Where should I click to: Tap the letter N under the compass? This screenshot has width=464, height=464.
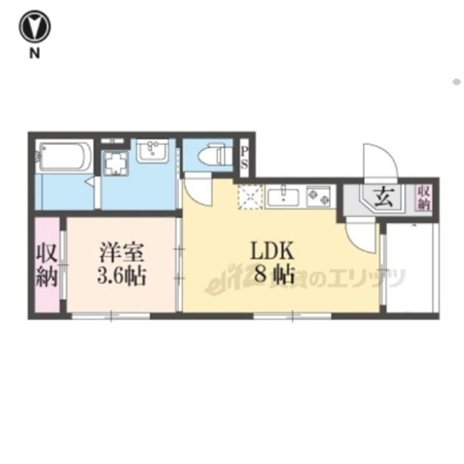34,54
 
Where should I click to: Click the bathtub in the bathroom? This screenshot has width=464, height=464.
62,157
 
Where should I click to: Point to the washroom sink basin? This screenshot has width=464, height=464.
153,151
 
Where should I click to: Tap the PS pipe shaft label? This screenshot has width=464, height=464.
245,158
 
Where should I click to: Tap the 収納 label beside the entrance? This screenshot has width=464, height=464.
423,197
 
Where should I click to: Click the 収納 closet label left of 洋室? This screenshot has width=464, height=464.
46,265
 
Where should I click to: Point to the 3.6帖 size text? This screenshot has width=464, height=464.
122,276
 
